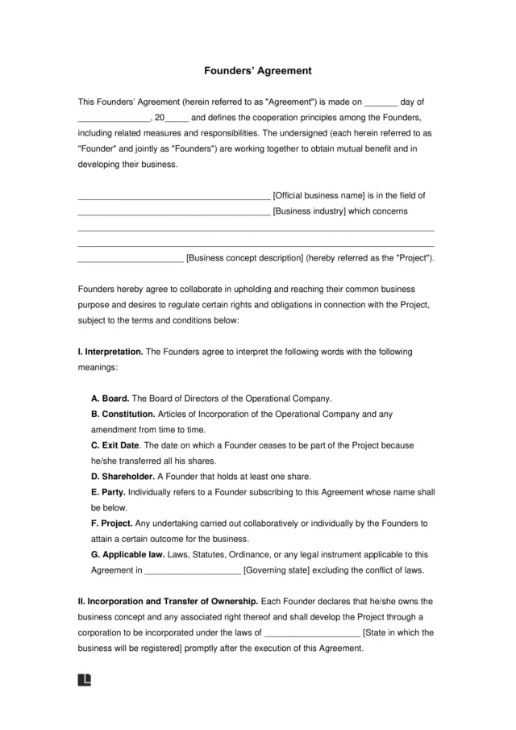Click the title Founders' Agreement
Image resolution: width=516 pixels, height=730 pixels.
point(257,71)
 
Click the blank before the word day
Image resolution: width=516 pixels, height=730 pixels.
point(381,103)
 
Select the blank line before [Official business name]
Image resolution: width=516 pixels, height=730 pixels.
point(173,196)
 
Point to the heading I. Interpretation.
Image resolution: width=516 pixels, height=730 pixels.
point(110,352)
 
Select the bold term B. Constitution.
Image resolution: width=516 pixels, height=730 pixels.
point(123,414)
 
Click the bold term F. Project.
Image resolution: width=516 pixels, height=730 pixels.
point(112,523)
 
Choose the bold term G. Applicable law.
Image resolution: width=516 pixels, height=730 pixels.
point(127,554)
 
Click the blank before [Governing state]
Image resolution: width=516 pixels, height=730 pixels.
point(192,571)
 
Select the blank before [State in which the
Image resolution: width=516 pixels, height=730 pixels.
point(312,633)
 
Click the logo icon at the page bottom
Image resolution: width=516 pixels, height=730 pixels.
point(84,680)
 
